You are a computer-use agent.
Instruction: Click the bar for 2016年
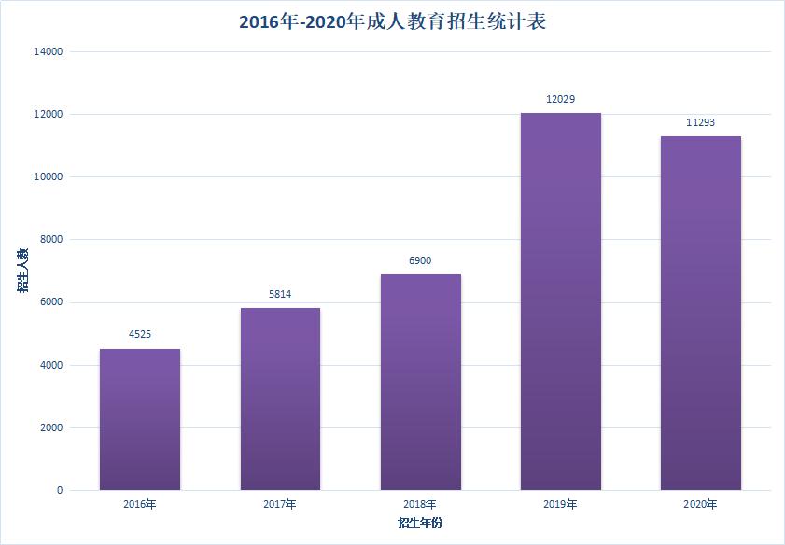[140, 419]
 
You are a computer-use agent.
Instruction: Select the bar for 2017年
[280, 398]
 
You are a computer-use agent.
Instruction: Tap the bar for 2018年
[420, 382]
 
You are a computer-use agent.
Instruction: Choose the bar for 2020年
[700, 313]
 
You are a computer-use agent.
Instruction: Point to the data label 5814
[280, 294]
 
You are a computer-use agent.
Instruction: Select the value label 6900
[420, 260]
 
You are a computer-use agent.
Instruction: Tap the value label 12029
[560, 99]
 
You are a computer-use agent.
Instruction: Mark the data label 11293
[700, 122]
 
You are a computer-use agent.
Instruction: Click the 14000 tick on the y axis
[47, 52]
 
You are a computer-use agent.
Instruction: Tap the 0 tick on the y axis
[59, 491]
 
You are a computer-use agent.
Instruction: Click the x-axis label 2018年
[420, 505]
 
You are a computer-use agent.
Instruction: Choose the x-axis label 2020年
[700, 505]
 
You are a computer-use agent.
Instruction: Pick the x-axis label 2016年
[140, 505]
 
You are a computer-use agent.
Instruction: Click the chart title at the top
[392, 21]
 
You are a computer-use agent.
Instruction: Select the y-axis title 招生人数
[21, 271]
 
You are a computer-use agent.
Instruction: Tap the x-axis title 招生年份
[420, 523]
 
